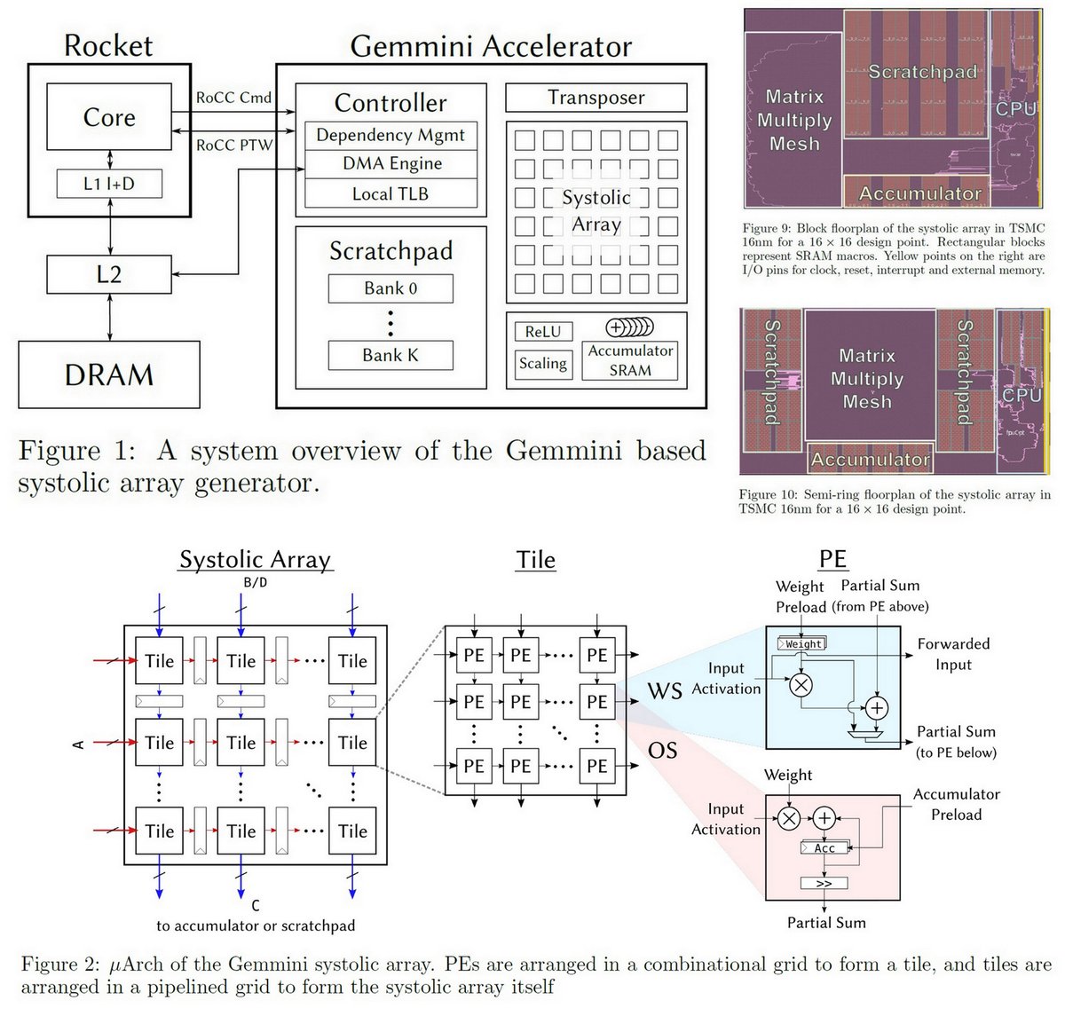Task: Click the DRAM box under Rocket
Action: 109,374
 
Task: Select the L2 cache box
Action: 109,274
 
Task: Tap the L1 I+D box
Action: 109,184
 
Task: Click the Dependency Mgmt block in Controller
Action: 390,135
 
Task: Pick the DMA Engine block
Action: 391,163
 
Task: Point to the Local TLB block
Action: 390,193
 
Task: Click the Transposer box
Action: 596,98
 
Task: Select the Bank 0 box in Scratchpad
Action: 390,288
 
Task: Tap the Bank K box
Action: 390,355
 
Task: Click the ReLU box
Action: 543,332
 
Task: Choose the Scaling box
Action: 543,363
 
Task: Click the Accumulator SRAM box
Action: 630,361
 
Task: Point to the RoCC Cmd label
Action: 234,98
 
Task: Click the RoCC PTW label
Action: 234,145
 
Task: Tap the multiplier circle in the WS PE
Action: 801,683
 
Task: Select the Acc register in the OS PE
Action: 824,848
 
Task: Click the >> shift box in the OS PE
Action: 824,884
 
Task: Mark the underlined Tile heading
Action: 536,560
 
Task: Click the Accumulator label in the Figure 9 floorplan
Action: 920,193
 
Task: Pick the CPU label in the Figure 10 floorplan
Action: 1021,395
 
